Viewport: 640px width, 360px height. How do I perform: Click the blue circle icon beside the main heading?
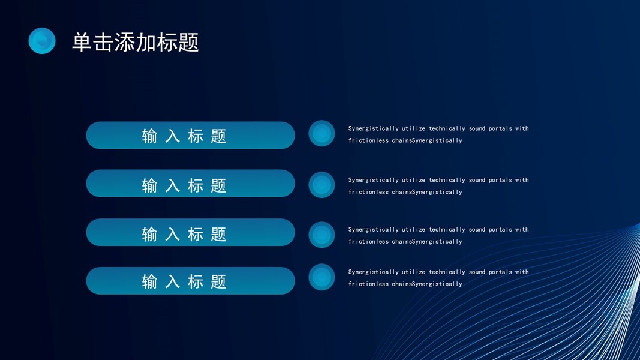coord(42,41)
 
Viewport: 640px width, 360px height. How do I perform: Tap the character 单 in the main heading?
coord(82,43)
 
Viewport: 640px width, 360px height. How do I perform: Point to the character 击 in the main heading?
coord(103,43)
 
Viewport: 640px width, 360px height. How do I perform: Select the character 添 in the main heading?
coord(124,43)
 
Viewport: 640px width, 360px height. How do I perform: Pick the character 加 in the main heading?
coord(145,43)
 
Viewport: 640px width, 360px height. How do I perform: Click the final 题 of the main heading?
coord(188,43)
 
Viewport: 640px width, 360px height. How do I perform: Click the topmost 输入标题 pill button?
coord(190,135)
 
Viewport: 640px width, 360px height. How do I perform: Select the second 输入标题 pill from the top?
coord(190,183)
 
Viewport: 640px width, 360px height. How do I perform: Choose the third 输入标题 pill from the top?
coord(190,232)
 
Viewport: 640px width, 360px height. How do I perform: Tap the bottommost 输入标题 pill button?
coord(190,281)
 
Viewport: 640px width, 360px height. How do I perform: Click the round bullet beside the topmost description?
coord(321,133)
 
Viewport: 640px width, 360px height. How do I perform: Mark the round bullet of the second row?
coord(321,185)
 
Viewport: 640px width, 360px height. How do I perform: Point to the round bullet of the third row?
coord(321,235)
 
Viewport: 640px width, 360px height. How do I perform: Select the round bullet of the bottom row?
coord(321,277)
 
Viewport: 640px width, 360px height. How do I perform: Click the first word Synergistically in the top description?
coord(374,128)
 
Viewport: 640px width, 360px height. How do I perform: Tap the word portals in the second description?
coord(500,180)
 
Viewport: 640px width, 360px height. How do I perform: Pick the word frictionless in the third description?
coord(368,241)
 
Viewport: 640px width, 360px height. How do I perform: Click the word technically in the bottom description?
coord(447,272)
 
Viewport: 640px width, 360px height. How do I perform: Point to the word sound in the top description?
coord(477,128)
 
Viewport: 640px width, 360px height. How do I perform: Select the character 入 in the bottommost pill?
coord(172,281)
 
